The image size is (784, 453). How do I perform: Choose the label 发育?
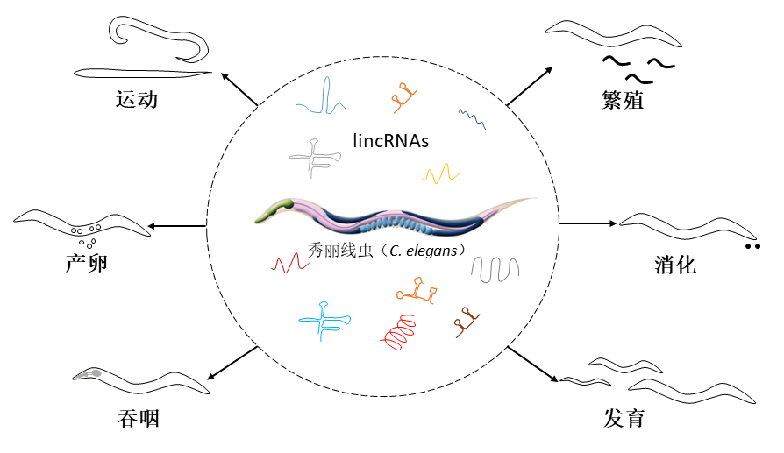(x=624, y=418)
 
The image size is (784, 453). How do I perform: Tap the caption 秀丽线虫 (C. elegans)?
(x=387, y=250)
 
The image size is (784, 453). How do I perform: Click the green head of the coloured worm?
(x=283, y=209)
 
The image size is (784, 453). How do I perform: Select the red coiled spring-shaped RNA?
(x=402, y=332)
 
